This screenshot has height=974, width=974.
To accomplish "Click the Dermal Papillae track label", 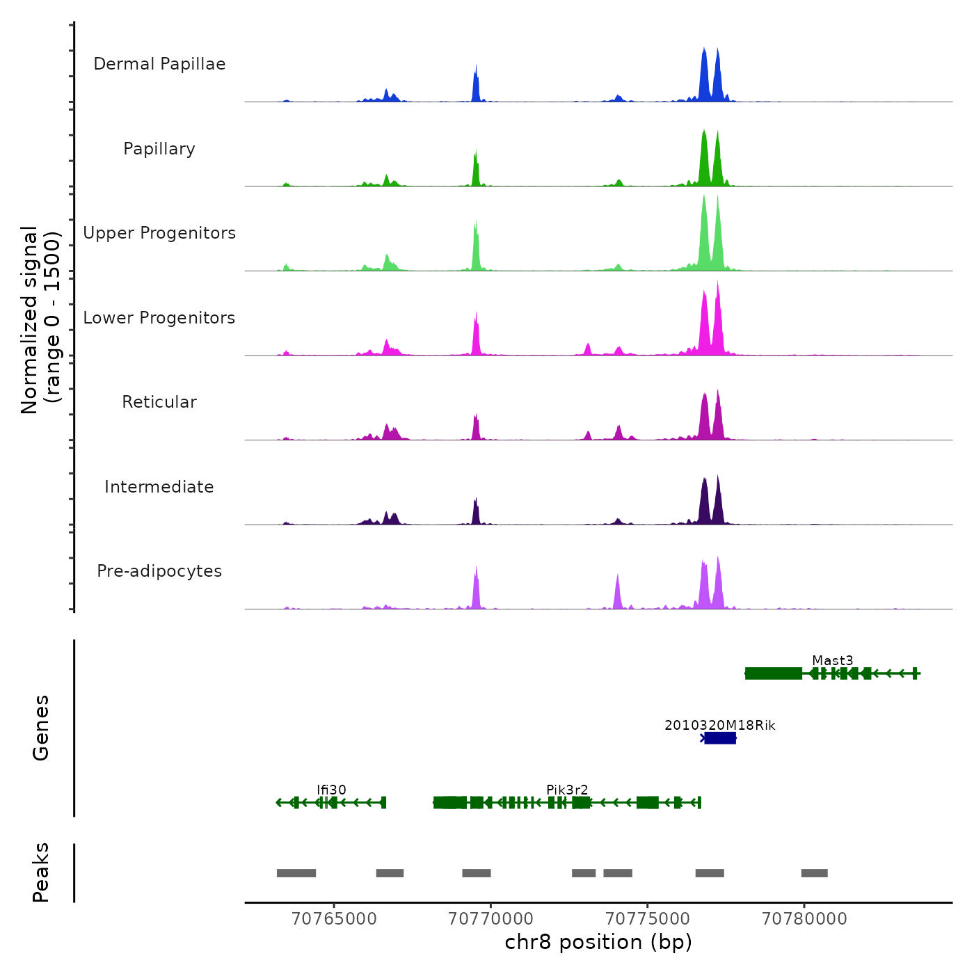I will coord(159,64).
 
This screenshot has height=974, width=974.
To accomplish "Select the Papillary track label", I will coord(159,149).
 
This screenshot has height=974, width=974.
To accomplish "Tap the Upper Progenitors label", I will coord(159,233).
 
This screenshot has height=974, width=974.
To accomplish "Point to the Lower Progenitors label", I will coord(159,318).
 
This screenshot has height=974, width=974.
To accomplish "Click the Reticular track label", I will coord(159,402).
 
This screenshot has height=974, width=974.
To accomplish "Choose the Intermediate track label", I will coord(159,487).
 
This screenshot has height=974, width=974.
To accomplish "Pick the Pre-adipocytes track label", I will coord(159,571).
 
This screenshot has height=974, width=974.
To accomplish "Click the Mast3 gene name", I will coord(832,660).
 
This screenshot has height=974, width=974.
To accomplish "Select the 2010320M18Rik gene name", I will coord(719,725).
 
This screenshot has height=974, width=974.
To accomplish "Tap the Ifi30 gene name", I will coord(331,790).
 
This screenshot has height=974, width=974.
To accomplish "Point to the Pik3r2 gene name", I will coord(567,790).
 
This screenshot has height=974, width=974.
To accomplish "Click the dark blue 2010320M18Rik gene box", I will coord(720,738).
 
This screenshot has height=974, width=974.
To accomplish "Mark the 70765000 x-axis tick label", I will coord(334,919).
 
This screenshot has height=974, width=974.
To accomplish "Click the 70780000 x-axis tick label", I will coord(804,919).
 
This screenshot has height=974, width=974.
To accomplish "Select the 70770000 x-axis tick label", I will coord(490,919).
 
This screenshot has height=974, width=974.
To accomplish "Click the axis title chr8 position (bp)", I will coord(598,942).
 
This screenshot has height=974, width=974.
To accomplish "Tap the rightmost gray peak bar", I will coord(814,873).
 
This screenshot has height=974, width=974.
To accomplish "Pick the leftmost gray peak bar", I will coord(296,873).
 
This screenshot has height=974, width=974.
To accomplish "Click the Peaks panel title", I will coord(41,872).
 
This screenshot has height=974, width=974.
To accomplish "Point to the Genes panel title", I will coord(41,728).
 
